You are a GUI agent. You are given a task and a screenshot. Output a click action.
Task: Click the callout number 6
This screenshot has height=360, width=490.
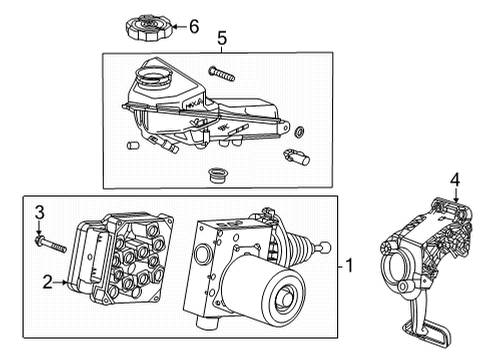194,26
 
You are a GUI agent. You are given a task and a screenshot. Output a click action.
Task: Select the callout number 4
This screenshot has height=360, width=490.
454,180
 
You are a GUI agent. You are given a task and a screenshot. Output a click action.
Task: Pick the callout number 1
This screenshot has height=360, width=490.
350,267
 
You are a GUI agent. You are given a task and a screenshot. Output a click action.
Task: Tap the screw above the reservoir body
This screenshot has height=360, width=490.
221,72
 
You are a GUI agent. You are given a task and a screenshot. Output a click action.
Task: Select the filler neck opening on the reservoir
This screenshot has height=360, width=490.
154,72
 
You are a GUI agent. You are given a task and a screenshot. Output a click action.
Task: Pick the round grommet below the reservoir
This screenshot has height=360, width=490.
214,177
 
